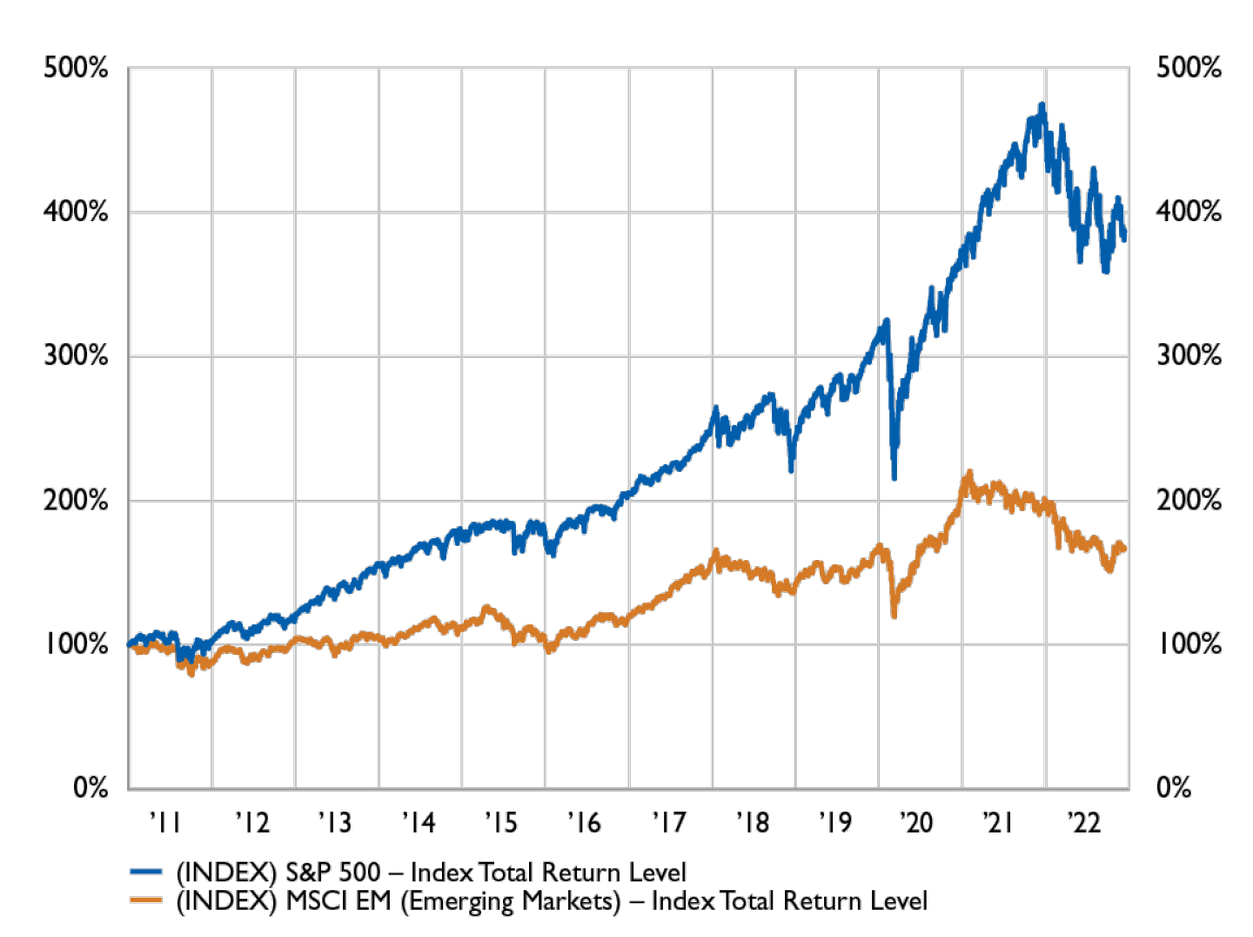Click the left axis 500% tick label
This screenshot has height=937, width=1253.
coord(76,67)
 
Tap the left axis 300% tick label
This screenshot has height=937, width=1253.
coord(76,356)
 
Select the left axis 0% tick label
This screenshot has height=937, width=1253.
coord(90,788)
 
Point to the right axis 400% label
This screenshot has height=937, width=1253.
coord(1189,212)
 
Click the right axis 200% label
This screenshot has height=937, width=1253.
coord(1189,501)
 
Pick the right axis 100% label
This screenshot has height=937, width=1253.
coord(1189,645)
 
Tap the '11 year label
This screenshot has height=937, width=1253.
coord(165,822)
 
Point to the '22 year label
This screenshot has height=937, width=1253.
coord(1084,822)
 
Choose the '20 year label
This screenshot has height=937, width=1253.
coord(918,822)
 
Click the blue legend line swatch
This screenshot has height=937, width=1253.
coord(145,872)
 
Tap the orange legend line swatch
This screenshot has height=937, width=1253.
coord(145,900)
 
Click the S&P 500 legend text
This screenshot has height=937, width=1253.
coord(432,872)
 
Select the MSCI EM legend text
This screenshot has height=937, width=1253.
coord(550,900)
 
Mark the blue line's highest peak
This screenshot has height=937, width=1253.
coord(1042,104)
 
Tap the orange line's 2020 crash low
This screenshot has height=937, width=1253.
coord(894,617)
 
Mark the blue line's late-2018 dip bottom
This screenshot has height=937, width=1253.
coord(792,470)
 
